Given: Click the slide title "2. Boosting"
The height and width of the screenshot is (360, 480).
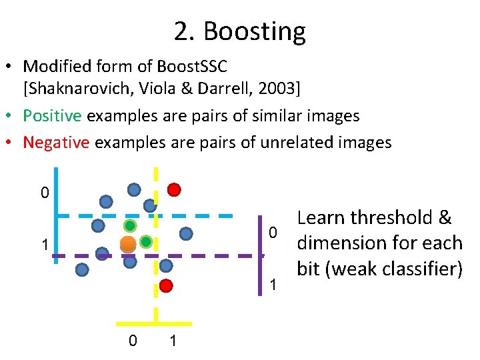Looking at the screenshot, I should (x=239, y=31).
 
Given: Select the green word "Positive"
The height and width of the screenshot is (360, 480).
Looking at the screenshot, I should (x=52, y=115).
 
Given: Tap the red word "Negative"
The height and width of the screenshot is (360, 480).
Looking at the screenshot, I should (x=55, y=142).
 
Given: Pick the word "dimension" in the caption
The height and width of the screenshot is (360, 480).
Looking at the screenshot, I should (x=349, y=243).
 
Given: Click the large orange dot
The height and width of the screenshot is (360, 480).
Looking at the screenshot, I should (x=128, y=244).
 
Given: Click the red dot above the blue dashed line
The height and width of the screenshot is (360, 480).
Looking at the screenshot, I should (x=174, y=189).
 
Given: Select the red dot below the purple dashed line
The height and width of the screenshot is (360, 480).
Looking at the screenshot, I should (x=167, y=286).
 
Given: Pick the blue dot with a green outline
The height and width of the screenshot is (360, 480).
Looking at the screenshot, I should (x=130, y=226).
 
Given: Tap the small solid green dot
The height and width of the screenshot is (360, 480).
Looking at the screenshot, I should (x=145, y=241).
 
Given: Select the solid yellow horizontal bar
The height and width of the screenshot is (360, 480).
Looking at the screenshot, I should (x=156, y=323).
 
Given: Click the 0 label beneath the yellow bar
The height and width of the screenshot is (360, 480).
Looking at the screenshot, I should (x=133, y=341).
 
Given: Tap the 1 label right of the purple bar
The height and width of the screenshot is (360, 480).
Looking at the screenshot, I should (x=271, y=285).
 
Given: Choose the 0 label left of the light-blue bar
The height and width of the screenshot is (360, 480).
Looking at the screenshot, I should (x=44, y=194).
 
